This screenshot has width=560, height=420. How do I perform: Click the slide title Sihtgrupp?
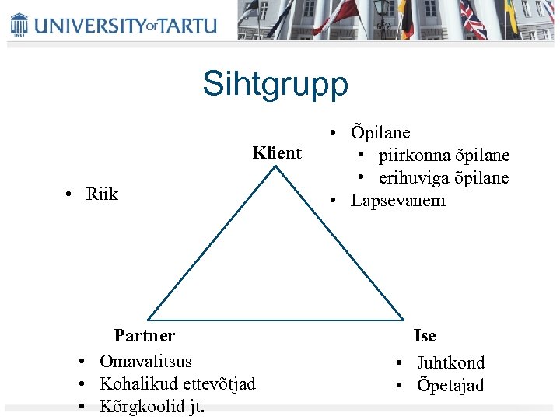click(275, 84)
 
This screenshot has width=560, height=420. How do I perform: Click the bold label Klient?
click(277, 152)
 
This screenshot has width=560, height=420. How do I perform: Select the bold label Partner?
click(145, 336)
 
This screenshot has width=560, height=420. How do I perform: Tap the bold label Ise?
click(425, 336)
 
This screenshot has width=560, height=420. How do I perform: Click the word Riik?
click(102, 194)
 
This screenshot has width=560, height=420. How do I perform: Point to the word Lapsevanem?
click(398, 201)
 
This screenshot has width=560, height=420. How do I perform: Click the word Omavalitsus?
click(145, 361)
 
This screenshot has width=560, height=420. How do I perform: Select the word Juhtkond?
click(451, 362)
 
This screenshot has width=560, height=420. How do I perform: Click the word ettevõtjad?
click(219, 383)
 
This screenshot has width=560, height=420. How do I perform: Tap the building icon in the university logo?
click(19, 24)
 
